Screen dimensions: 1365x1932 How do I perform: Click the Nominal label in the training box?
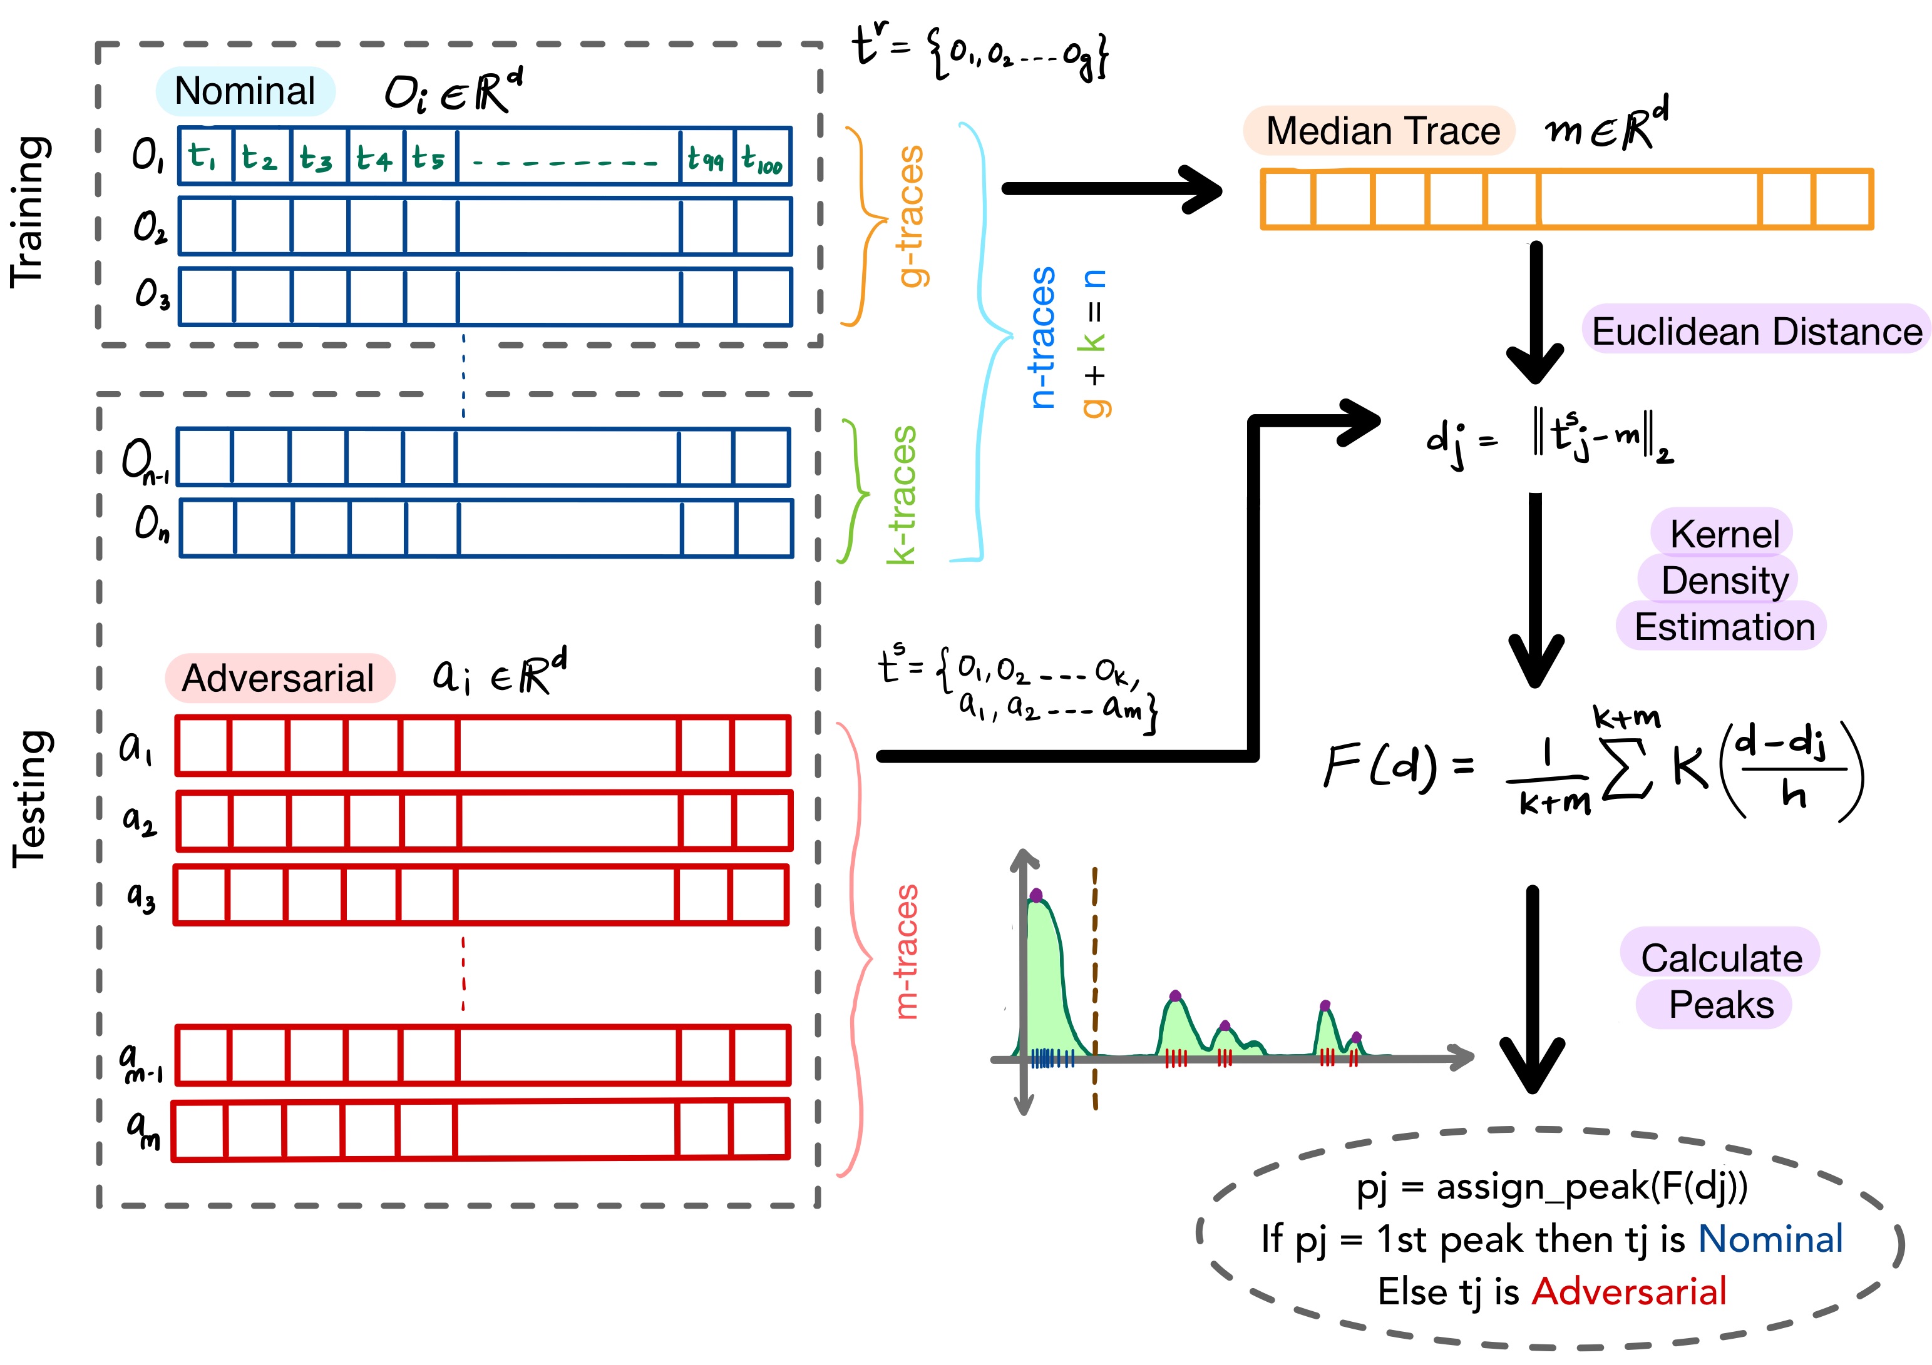tap(245, 91)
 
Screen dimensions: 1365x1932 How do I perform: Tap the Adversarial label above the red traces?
tap(279, 678)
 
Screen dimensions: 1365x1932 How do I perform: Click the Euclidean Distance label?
tap(1757, 332)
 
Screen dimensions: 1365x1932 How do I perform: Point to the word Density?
tap(1725, 581)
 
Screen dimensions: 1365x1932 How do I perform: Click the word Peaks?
tap(1721, 1004)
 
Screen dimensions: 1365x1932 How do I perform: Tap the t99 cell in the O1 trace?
tap(706, 157)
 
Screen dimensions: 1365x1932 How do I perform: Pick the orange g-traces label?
tap(910, 216)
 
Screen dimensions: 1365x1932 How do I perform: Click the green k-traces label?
tap(903, 495)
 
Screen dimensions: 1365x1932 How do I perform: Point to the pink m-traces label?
tap(907, 952)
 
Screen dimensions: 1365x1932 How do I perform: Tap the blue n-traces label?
tap(1042, 338)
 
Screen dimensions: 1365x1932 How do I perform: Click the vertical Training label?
tap(29, 212)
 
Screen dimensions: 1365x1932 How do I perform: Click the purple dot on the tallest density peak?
tap(1036, 895)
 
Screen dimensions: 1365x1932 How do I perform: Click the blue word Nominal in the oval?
tap(1770, 1239)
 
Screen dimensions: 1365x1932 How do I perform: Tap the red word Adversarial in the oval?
tap(1628, 1292)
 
